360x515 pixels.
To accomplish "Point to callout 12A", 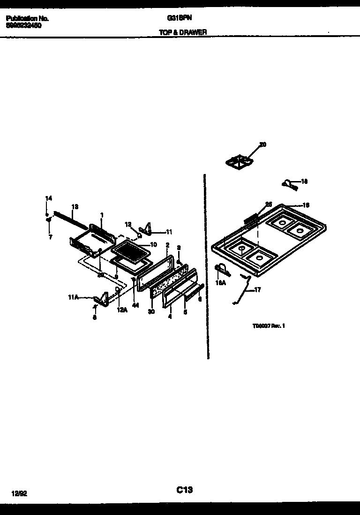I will pos(121,310).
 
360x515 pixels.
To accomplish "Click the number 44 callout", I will pos(135,305).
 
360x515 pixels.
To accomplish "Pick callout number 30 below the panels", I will pos(151,311).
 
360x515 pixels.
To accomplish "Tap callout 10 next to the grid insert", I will pos(153,245).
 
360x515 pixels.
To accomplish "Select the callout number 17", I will pos(257,290).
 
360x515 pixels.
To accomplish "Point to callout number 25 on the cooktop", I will pos(268,204).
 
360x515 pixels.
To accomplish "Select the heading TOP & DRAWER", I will pos(183,32).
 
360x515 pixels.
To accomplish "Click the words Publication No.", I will pos(27,19).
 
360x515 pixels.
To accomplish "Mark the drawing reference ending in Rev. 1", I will pos(269,326).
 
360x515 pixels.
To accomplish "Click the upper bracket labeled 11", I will pos(147,228).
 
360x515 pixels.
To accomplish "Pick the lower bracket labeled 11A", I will pos(100,299).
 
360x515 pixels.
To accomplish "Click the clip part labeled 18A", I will pos(221,269).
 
